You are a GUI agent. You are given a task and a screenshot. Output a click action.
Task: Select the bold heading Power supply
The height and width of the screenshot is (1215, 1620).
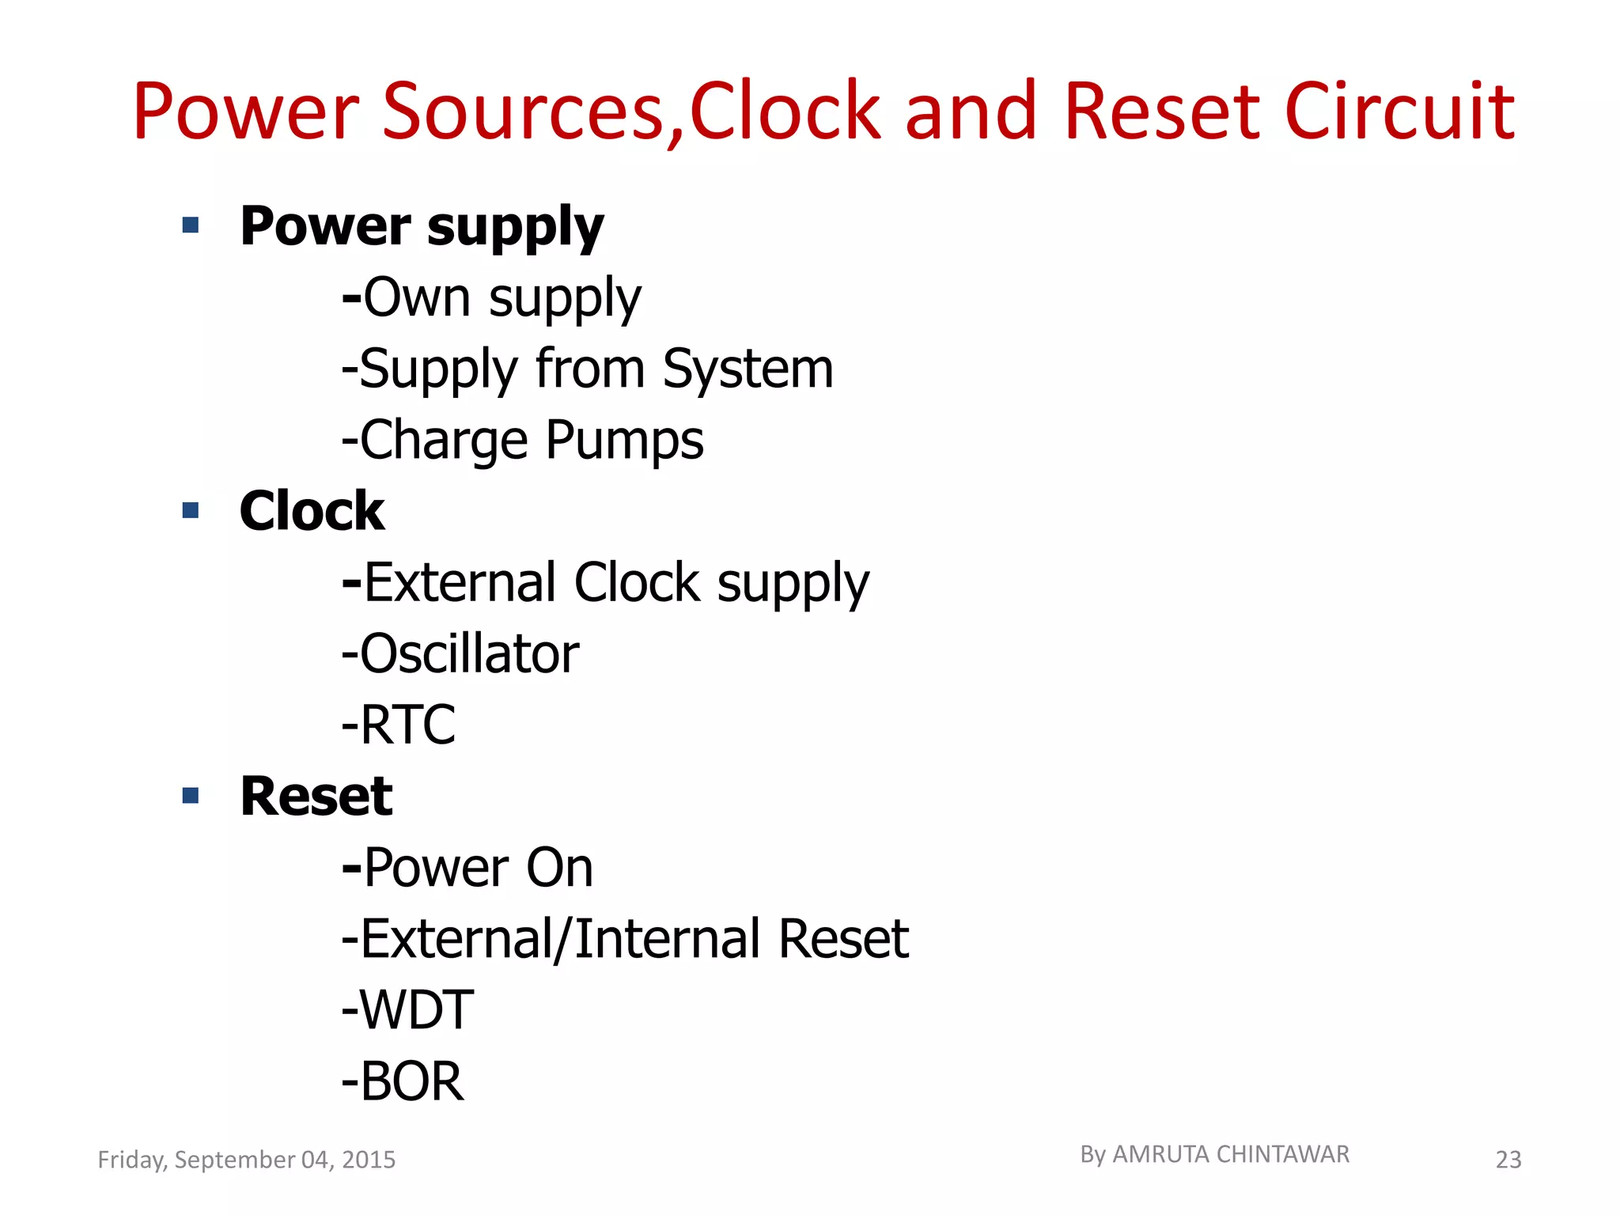click(422, 227)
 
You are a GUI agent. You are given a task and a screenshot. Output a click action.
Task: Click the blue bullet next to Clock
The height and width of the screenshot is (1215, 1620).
click(191, 510)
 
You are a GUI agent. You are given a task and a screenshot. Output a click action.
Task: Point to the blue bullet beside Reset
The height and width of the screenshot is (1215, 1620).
click(191, 795)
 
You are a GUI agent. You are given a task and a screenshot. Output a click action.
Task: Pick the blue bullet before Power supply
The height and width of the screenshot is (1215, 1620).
click(191, 225)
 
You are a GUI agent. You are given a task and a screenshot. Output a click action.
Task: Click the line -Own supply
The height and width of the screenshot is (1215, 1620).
click(491, 298)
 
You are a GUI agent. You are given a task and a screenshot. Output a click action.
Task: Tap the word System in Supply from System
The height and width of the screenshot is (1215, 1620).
click(748, 369)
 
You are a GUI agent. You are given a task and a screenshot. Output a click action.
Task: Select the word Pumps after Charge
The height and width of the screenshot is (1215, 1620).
click(624, 441)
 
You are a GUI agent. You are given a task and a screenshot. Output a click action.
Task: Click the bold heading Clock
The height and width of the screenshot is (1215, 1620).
click(312, 511)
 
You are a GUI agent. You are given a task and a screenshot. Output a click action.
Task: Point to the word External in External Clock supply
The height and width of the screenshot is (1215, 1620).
click(460, 583)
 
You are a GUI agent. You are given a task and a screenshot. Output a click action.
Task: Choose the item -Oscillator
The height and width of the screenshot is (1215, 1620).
click(460, 654)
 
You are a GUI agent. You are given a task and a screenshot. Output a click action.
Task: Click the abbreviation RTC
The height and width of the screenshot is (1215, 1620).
click(408, 725)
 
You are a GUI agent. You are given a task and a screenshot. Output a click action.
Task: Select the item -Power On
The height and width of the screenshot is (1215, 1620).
click(467, 868)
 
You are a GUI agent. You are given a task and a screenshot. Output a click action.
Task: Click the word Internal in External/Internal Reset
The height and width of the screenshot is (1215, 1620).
click(668, 939)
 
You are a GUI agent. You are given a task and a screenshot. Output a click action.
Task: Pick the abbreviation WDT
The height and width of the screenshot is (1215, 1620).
click(416, 1010)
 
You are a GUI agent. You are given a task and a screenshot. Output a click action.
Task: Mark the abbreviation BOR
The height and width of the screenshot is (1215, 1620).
click(411, 1081)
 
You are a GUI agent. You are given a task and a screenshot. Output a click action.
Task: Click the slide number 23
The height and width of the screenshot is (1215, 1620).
click(1508, 1160)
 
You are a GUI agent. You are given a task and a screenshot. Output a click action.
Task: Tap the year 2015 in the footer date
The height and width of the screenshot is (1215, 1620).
click(369, 1160)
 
